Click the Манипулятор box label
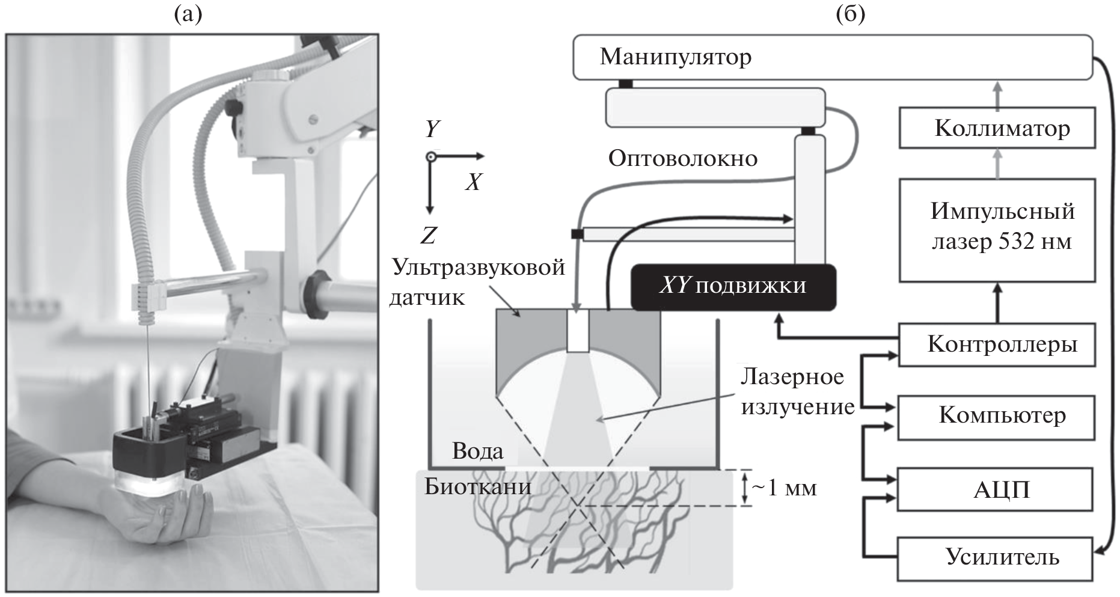(675, 58)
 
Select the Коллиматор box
(997, 128)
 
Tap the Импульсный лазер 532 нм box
(997, 229)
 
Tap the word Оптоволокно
(682, 159)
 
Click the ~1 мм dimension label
(784, 488)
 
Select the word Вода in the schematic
(477, 451)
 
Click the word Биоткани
(477, 486)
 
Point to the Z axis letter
(429, 236)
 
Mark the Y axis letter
(432, 129)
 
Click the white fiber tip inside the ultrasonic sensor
(577, 331)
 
